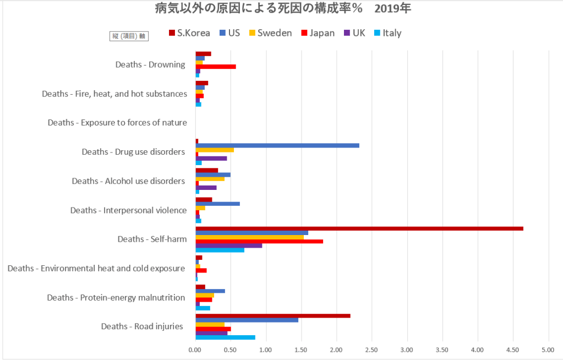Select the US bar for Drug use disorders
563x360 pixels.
[x=277, y=145]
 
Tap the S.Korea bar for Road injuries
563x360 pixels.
[x=273, y=315]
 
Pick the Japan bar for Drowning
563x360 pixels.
[x=216, y=67]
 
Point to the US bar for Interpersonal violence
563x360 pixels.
[x=217, y=204]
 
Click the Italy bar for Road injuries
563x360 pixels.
[x=225, y=337]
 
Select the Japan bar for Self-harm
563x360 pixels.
[x=259, y=241]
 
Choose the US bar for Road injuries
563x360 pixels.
[x=247, y=320]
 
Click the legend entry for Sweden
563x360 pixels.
[x=270, y=33]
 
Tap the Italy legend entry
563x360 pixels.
[x=387, y=33]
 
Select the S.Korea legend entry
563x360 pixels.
[x=189, y=33]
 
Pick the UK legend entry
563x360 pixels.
[x=354, y=33]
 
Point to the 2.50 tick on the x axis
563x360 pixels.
[x=371, y=349]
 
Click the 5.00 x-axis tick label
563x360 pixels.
[x=548, y=349]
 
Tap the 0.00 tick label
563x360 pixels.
[x=195, y=349]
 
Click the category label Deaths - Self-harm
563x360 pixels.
[x=152, y=239]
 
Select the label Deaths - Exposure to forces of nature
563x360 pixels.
[x=117, y=122]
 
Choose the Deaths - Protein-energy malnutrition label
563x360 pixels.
[x=116, y=298]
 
